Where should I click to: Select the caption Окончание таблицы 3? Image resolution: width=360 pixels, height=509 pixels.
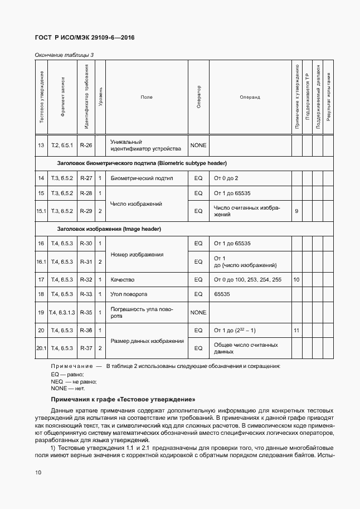64,55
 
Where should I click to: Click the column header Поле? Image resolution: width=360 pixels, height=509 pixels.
147,97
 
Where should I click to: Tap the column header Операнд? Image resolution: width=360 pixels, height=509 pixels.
250,97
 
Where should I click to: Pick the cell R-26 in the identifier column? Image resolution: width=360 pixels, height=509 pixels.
86,145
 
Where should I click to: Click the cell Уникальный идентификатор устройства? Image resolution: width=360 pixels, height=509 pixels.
146,146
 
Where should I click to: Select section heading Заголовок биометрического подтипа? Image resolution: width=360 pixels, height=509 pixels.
142,163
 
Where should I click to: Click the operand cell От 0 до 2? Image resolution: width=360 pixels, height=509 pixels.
226,178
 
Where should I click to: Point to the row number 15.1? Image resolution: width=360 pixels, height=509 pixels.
41,211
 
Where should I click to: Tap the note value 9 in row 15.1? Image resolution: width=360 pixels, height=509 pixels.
296,211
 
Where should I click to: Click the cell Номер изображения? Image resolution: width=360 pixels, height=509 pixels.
137,254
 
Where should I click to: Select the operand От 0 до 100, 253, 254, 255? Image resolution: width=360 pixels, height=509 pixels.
247,279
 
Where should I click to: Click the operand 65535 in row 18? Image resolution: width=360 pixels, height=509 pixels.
223,294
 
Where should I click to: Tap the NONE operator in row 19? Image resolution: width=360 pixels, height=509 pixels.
198,312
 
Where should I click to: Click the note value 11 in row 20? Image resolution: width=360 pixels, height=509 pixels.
296,331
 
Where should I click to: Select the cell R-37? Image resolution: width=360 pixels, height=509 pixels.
86,348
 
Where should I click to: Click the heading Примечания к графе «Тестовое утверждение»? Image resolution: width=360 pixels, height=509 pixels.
123,400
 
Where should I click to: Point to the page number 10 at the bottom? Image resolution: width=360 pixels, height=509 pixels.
38,473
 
